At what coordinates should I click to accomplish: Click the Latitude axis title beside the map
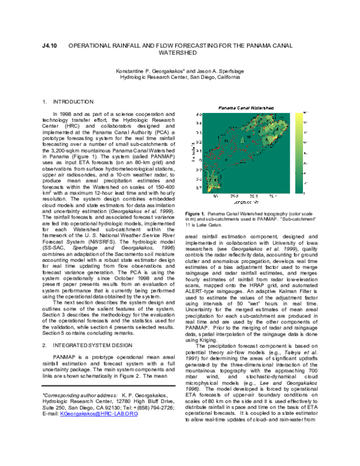click(193, 151)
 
